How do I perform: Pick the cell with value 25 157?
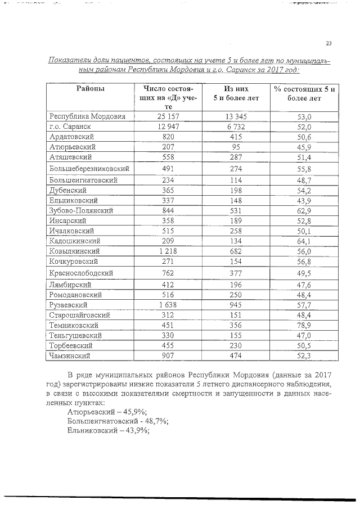[169, 116]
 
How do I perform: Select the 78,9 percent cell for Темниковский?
[304, 325]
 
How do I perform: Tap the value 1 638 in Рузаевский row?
[169, 304]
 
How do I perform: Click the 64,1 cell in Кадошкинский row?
[304, 241]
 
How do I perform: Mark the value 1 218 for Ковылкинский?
[169, 251]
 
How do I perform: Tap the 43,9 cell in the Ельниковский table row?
[304, 200]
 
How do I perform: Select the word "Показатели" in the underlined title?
[69, 60]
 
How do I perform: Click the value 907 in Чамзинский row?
[169, 355]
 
